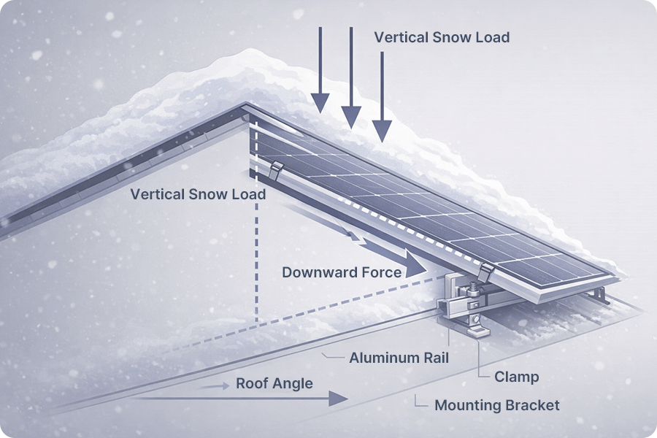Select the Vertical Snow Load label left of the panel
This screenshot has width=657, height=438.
point(198,195)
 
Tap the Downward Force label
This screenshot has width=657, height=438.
point(342,272)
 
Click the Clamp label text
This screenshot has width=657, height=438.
point(516,377)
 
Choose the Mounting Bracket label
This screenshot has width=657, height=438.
point(497,405)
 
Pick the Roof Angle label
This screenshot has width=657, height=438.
point(274,383)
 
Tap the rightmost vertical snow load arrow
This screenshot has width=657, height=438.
point(381,95)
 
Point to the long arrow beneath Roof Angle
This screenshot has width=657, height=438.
point(241,398)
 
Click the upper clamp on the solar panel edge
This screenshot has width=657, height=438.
point(275,172)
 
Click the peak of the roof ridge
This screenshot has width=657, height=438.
point(245,107)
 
